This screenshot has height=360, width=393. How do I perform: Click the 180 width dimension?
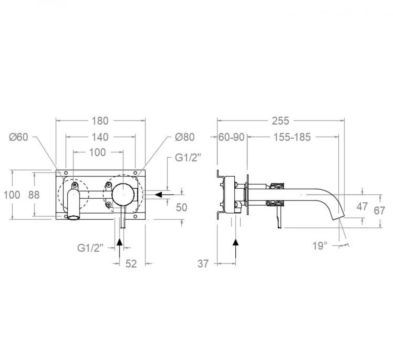[100, 121]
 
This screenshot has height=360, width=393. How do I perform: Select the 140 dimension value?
[100, 137]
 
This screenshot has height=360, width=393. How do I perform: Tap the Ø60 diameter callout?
[19, 137]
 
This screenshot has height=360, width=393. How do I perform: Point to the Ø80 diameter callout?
[185, 137]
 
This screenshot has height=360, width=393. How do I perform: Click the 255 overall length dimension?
[281, 121]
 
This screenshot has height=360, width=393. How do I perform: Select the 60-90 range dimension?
[231, 137]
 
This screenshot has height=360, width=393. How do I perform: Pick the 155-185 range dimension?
[292, 137]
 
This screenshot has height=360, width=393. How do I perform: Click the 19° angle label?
[320, 246]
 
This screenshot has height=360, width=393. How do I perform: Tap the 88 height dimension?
[34, 195]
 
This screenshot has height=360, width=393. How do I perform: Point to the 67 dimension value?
[379, 211]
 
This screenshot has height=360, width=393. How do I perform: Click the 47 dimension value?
[362, 206]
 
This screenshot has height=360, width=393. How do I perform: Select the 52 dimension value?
[131, 264]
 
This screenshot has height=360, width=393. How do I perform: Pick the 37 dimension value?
[203, 264]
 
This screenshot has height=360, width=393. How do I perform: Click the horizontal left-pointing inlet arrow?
[164, 194]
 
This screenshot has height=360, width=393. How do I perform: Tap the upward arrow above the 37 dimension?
[236, 248]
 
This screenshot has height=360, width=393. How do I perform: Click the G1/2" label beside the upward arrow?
[90, 248]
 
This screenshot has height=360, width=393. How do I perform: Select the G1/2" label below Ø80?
[188, 158]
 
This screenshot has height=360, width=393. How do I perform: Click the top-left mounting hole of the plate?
[65, 173]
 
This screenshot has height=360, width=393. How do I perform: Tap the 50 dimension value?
[182, 207]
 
